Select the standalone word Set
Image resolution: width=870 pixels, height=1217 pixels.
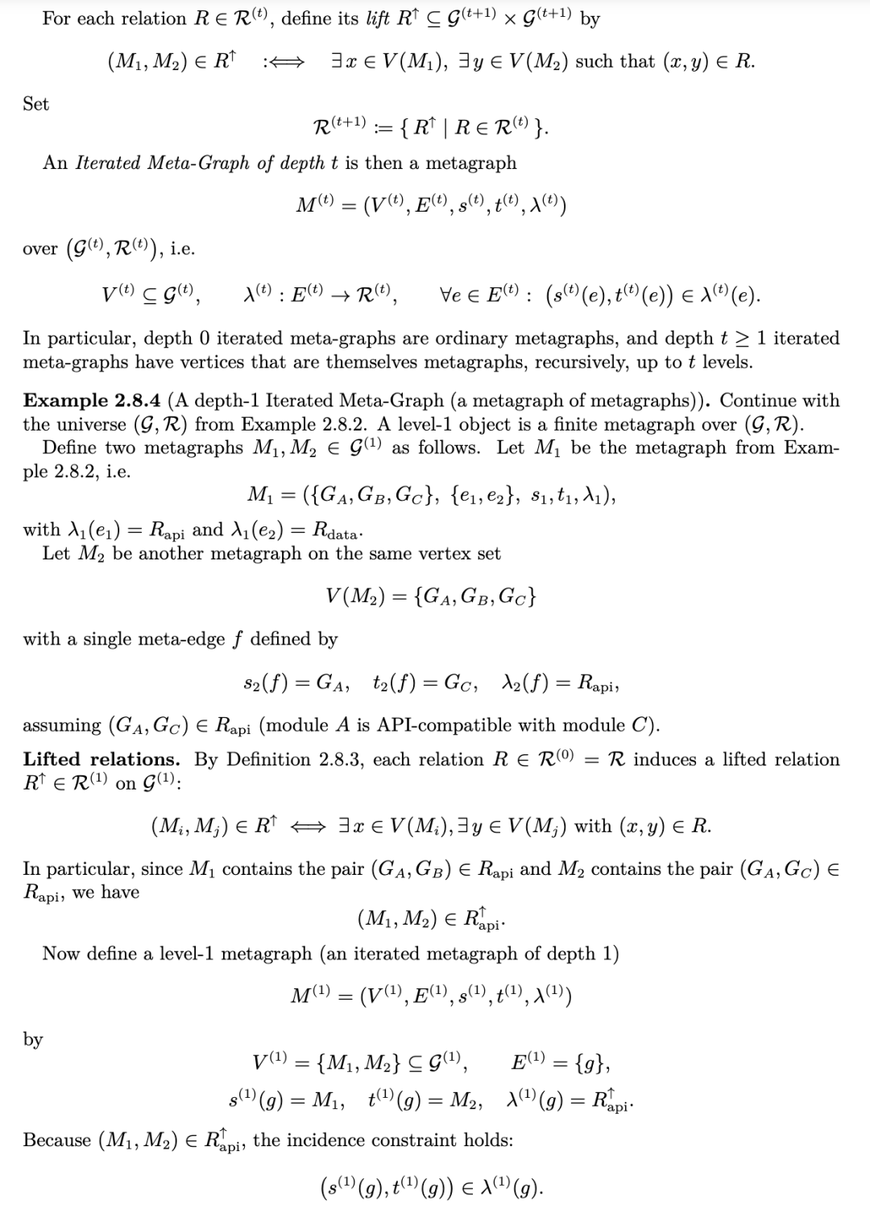point(35,104)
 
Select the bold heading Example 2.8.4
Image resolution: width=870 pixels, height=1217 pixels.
point(91,401)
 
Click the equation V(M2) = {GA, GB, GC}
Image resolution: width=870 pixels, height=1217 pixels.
point(431,596)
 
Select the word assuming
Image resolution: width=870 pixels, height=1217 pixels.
point(61,725)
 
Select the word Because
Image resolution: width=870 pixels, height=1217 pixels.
point(56,1140)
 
